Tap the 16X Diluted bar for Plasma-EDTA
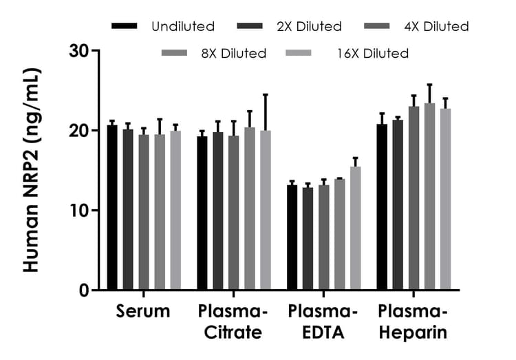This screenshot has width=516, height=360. pyautogui.click(x=355, y=228)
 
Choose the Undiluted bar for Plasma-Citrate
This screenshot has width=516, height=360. pyautogui.click(x=202, y=213)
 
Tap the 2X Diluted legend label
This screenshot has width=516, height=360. pyautogui.click(x=310, y=27)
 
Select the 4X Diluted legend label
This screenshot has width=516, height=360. pyautogui.click(x=437, y=27)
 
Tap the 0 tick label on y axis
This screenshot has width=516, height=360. pyautogui.click(x=84, y=290)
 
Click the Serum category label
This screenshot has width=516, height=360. pyautogui.click(x=143, y=311)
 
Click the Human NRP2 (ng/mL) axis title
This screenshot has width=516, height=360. pyautogui.click(x=31, y=170)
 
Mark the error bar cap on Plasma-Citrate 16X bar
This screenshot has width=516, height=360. pyautogui.click(x=266, y=94)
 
